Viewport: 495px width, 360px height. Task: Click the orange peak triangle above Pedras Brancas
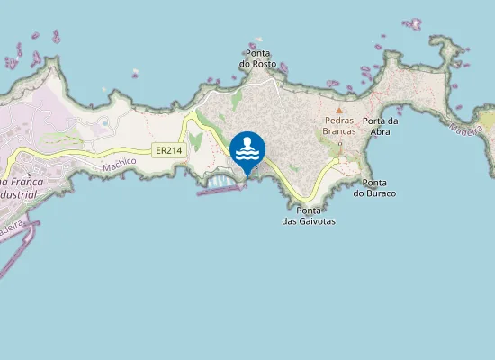pos(339,111)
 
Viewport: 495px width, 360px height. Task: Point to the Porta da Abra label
pos(381,125)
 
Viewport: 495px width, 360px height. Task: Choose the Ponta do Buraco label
pos(374,187)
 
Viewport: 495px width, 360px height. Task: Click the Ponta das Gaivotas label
pos(309,215)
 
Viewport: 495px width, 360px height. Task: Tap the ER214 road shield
pos(169,150)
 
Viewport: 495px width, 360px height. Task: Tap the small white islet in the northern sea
pos(136,73)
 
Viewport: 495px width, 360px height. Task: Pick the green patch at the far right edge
pos(487,119)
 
